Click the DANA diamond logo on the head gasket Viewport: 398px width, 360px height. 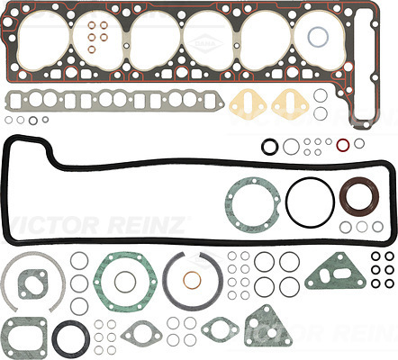[205, 44]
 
